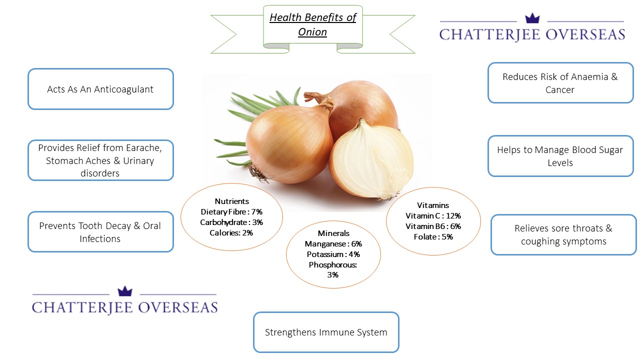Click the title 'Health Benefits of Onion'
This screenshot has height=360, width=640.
tap(313, 24)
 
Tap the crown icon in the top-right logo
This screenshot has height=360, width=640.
tap(532, 18)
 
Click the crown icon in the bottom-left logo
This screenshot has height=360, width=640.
tap(125, 291)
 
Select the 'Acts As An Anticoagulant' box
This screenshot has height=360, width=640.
tap(100, 89)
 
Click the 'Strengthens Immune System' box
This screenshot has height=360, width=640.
tap(326, 332)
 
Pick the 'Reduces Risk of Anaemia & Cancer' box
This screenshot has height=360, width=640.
tap(560, 83)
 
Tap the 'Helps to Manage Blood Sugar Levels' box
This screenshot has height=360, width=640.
tap(560, 156)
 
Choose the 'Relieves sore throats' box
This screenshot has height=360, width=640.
tap(563, 234)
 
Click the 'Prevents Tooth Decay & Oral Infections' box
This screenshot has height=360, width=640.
tap(100, 231)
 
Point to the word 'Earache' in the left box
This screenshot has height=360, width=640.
tap(143, 148)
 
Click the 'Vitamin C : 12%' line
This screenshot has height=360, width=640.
tap(433, 215)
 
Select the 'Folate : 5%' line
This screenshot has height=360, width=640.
tap(433, 237)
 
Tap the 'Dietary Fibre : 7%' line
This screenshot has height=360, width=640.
tap(231, 211)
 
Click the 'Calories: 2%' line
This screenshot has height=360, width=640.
tap(231, 233)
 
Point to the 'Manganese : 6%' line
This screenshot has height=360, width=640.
tap(333, 243)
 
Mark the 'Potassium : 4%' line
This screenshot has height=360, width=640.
tap(333, 254)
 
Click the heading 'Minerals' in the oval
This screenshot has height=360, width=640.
tap(333, 233)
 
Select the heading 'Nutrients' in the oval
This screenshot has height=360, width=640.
tap(231, 201)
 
